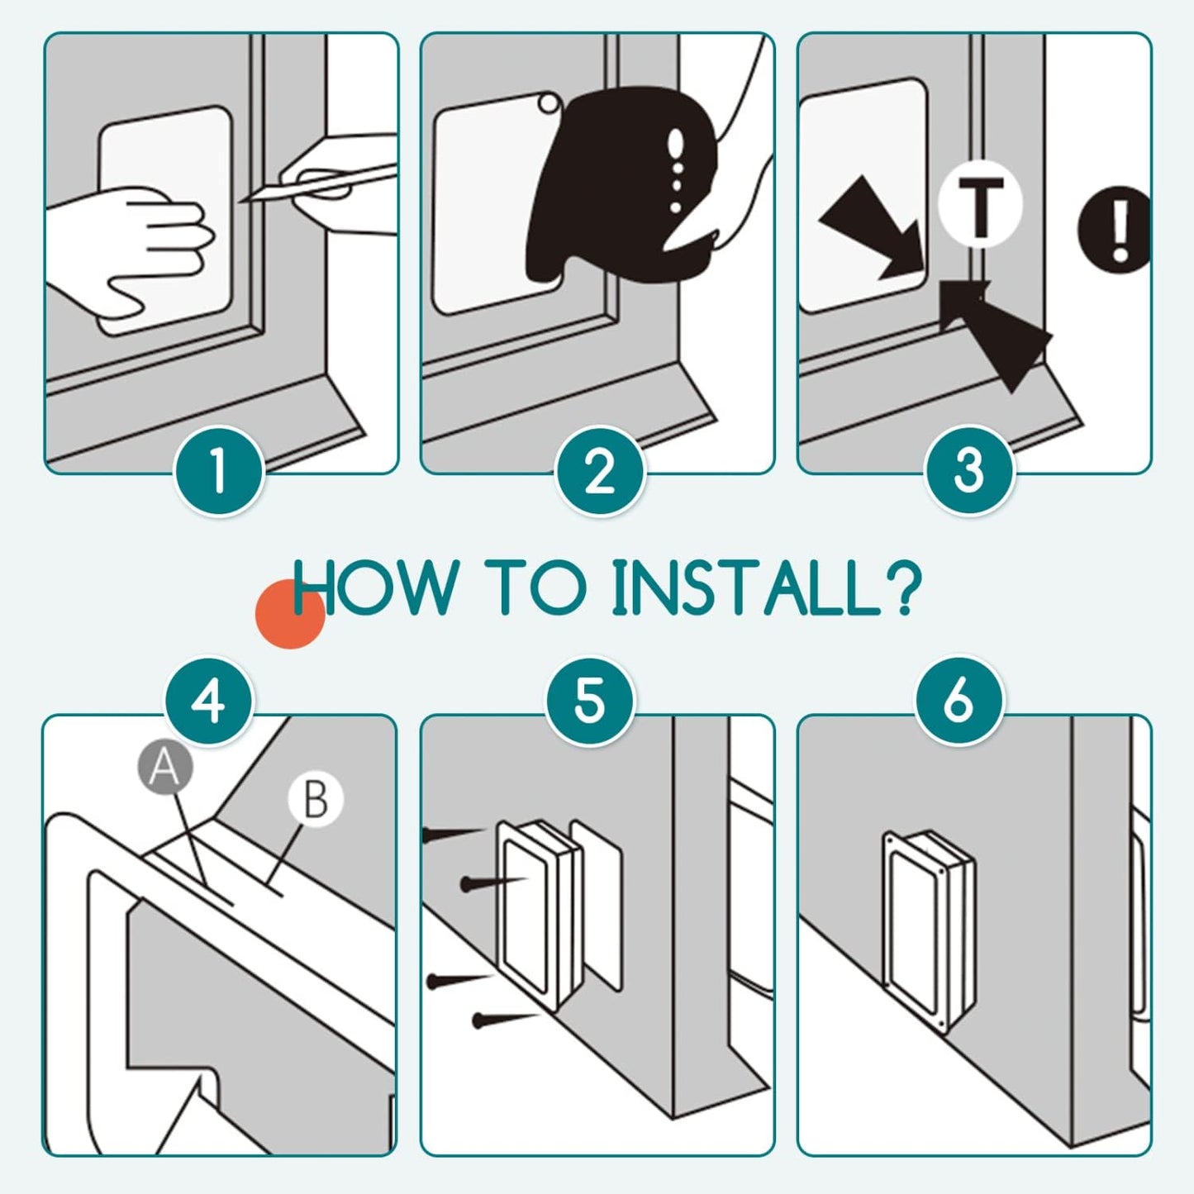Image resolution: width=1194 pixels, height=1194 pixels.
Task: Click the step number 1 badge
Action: [x=219, y=471]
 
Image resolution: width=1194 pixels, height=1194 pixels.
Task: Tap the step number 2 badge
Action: [x=598, y=471]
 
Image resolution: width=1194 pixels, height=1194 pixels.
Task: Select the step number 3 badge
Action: [x=969, y=469]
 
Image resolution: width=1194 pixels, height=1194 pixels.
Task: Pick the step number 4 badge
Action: [x=209, y=702]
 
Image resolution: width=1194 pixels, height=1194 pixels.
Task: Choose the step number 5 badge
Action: [x=589, y=702]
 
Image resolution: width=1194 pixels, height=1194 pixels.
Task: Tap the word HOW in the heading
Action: [x=370, y=587]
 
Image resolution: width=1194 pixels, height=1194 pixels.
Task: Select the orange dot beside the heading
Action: [x=290, y=614]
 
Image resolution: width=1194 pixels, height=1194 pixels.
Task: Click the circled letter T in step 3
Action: [x=980, y=204]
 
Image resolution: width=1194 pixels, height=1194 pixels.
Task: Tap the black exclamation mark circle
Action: [x=1115, y=229]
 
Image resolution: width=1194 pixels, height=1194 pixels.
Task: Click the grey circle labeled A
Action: [x=164, y=768]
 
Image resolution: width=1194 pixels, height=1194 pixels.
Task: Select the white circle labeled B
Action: [x=316, y=799]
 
